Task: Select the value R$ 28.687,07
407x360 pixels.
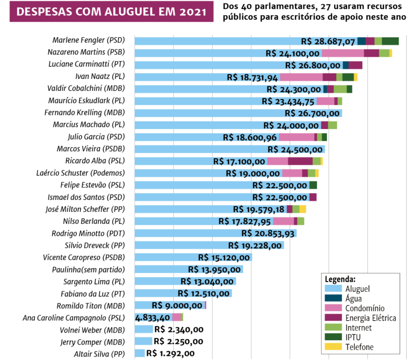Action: click(328, 41)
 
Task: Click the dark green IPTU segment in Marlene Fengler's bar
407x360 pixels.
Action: click(390, 41)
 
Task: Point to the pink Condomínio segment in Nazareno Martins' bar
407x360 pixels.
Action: click(342, 53)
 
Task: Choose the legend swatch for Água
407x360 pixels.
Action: click(330, 298)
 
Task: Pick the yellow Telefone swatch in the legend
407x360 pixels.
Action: click(330, 347)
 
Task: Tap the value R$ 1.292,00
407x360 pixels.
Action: click(170, 353)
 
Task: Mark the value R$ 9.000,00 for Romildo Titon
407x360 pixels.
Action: click(178, 306)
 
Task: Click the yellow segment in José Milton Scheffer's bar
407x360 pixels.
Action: click(303, 209)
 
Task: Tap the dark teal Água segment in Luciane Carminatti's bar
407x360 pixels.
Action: click(346, 65)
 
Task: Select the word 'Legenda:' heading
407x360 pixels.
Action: click(340, 280)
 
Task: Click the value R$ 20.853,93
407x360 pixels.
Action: click(268, 233)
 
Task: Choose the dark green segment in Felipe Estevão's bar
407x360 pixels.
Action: click(313, 185)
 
